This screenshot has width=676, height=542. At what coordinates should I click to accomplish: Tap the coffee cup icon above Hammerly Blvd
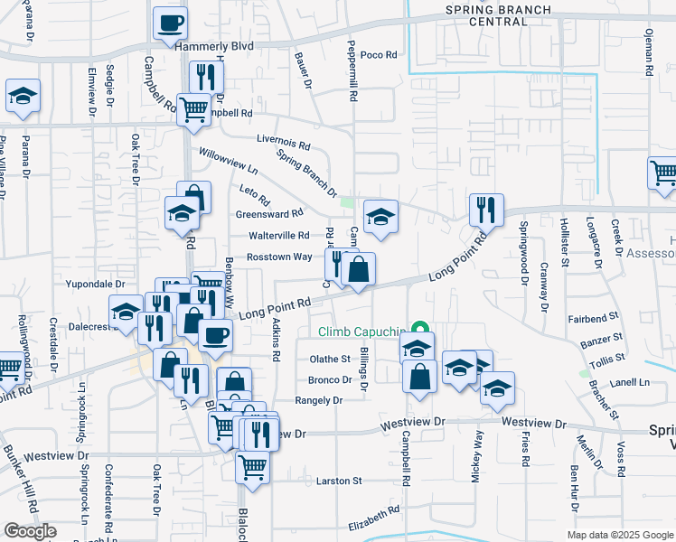coord(170,24)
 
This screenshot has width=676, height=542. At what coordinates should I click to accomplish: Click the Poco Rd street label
coord(379,55)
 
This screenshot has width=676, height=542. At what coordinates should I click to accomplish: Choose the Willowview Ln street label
coord(229,163)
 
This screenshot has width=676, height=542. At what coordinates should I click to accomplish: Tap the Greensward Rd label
coord(269,214)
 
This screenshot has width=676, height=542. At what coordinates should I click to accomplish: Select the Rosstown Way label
coord(279,257)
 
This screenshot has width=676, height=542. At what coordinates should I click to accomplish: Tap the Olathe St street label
coord(330,359)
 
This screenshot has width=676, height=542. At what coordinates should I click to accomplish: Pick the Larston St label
coord(339,481)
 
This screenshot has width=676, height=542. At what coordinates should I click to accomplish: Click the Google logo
coord(30,531)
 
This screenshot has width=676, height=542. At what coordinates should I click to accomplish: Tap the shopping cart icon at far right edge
coord(664,172)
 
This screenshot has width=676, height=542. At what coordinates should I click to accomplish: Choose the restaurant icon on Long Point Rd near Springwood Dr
coord(486,210)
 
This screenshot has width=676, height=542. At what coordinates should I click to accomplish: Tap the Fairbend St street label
coord(593,317)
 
